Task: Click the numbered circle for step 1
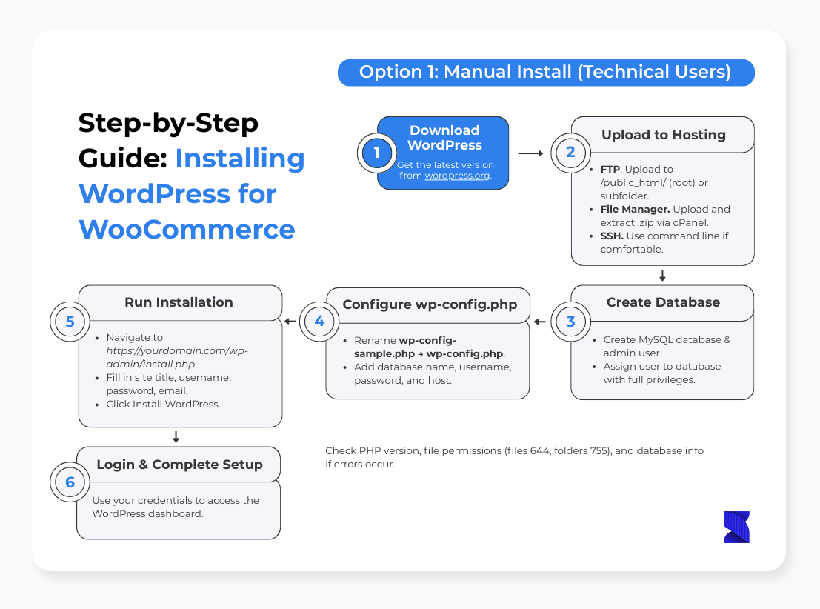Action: pos(376,153)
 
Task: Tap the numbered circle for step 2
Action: pos(570,153)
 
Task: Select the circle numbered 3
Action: pos(570,322)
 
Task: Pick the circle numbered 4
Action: pos(319,322)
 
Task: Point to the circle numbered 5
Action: pos(70,322)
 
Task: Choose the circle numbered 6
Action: pos(70,482)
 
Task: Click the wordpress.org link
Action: pos(458,176)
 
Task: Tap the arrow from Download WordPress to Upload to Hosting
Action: pos(531,153)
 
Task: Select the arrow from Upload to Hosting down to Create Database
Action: pos(662,275)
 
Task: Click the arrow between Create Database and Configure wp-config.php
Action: pos(540,322)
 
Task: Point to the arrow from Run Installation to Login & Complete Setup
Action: pos(176,437)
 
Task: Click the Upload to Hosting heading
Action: pos(664,135)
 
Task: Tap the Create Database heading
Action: pos(663,302)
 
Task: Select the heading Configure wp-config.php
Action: pos(430,304)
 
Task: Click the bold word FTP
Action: pos(610,170)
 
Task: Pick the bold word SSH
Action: pos(612,236)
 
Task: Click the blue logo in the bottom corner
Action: pos(736,527)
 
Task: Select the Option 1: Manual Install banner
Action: pos(546,73)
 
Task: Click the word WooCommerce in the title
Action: pos(187,230)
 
